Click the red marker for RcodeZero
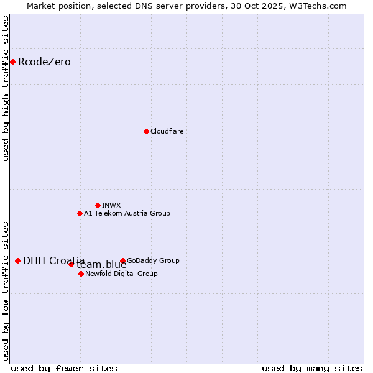pyautogui.click(x=12, y=62)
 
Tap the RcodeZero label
pyautogui.click(x=44, y=62)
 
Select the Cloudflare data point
pyautogui.click(x=146, y=131)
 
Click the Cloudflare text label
pyautogui.click(x=167, y=132)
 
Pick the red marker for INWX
pyautogui.click(x=98, y=205)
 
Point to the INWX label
pyautogui.click(x=111, y=206)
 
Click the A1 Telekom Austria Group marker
pyautogui.click(x=80, y=213)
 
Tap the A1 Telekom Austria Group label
pyautogui.click(x=127, y=214)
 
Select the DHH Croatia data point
pyautogui.click(x=17, y=260)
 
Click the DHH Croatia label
pyautogui.click(x=53, y=261)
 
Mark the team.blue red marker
pyautogui.click(x=71, y=264)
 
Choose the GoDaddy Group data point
pyautogui.click(x=122, y=260)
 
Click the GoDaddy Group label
pyautogui.click(x=153, y=261)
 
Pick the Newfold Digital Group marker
pyautogui.click(x=81, y=274)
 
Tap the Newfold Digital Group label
pyautogui.click(x=121, y=274)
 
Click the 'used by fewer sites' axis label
pyautogui.click(x=64, y=368)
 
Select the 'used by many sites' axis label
pyautogui.click(x=312, y=368)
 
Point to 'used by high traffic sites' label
pyautogui.click(x=6, y=88)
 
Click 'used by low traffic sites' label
pyautogui.click(x=6, y=291)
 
